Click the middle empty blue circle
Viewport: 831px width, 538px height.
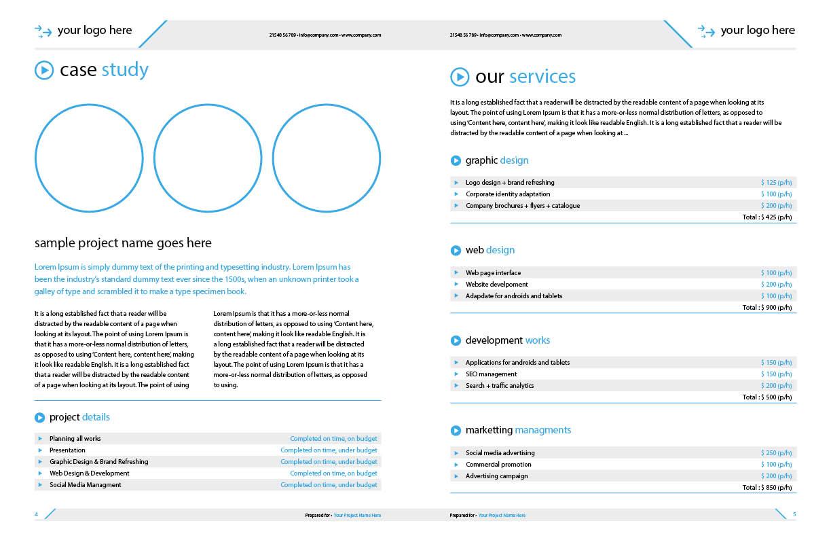(x=208, y=158)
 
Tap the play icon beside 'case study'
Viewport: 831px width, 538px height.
(x=43, y=70)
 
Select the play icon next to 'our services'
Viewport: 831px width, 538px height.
(x=460, y=77)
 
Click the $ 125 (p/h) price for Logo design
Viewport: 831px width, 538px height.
(x=776, y=183)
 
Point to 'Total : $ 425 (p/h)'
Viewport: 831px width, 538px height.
(x=767, y=217)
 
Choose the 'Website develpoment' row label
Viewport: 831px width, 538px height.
(x=496, y=285)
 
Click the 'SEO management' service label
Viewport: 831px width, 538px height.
(x=491, y=374)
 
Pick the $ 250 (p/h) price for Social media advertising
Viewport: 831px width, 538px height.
(x=776, y=453)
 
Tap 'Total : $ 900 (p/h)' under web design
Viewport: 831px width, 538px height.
(x=767, y=308)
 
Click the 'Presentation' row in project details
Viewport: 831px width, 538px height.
(x=67, y=450)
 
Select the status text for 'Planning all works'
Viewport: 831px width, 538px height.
(x=333, y=439)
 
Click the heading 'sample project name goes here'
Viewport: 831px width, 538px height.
(x=123, y=243)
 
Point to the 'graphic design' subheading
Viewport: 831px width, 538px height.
(x=496, y=161)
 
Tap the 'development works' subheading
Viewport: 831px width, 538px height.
(x=507, y=340)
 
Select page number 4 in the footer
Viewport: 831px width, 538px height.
(x=37, y=515)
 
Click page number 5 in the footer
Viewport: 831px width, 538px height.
(x=794, y=514)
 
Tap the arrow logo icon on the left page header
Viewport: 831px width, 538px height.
(x=43, y=31)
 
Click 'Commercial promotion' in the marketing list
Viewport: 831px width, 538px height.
(x=498, y=465)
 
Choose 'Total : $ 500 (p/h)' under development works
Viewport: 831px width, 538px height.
(x=767, y=397)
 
